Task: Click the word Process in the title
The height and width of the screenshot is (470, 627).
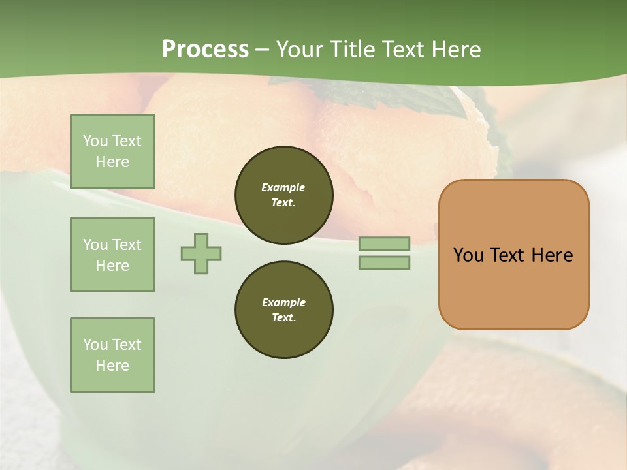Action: click(205, 49)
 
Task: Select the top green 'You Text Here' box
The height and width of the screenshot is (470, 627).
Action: click(112, 151)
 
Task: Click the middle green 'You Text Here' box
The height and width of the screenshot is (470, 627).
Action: click(112, 255)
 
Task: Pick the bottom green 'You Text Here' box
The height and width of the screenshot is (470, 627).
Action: click(112, 355)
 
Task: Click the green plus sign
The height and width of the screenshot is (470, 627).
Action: click(201, 253)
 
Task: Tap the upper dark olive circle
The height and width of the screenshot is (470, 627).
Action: click(284, 195)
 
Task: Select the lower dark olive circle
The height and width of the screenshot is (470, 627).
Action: click(284, 310)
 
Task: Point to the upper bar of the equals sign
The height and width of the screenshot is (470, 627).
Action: click(384, 244)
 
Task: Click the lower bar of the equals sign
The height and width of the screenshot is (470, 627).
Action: click(384, 262)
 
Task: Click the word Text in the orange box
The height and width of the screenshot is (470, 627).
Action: click(507, 255)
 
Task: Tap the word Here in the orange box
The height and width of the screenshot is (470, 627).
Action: click(552, 255)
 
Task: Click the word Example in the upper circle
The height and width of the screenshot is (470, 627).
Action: click(283, 187)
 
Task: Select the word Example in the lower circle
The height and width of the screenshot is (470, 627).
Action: click(283, 302)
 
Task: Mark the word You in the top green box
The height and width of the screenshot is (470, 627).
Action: click(95, 141)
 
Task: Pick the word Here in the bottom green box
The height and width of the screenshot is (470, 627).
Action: click(112, 366)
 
